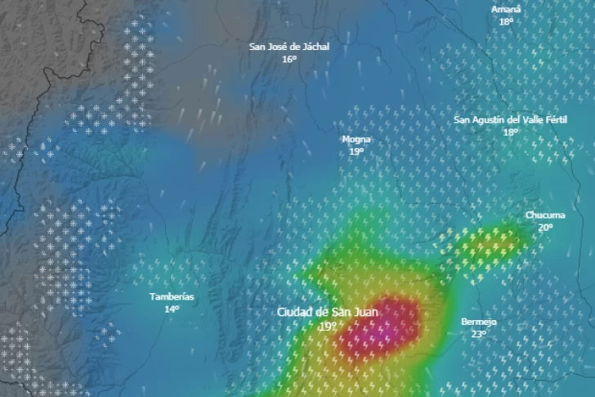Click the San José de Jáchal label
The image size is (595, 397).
click(289, 47)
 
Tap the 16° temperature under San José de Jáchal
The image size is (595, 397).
click(289, 59)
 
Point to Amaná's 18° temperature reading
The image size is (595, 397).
click(506, 21)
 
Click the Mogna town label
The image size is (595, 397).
click(356, 139)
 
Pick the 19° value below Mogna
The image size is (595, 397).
click(356, 151)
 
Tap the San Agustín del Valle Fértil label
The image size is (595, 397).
click(510, 120)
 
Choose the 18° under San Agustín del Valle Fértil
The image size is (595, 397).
click(511, 133)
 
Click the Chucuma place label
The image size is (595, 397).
click(544, 215)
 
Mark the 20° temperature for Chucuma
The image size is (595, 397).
click(545, 228)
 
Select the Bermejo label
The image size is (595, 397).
click(478, 322)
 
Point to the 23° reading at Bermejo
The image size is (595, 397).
click(479, 334)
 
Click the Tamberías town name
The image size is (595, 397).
click(172, 296)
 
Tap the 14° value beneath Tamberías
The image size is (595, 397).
click(172, 309)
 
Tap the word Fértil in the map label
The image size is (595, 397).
click(554, 120)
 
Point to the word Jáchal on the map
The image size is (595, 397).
click(315, 47)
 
